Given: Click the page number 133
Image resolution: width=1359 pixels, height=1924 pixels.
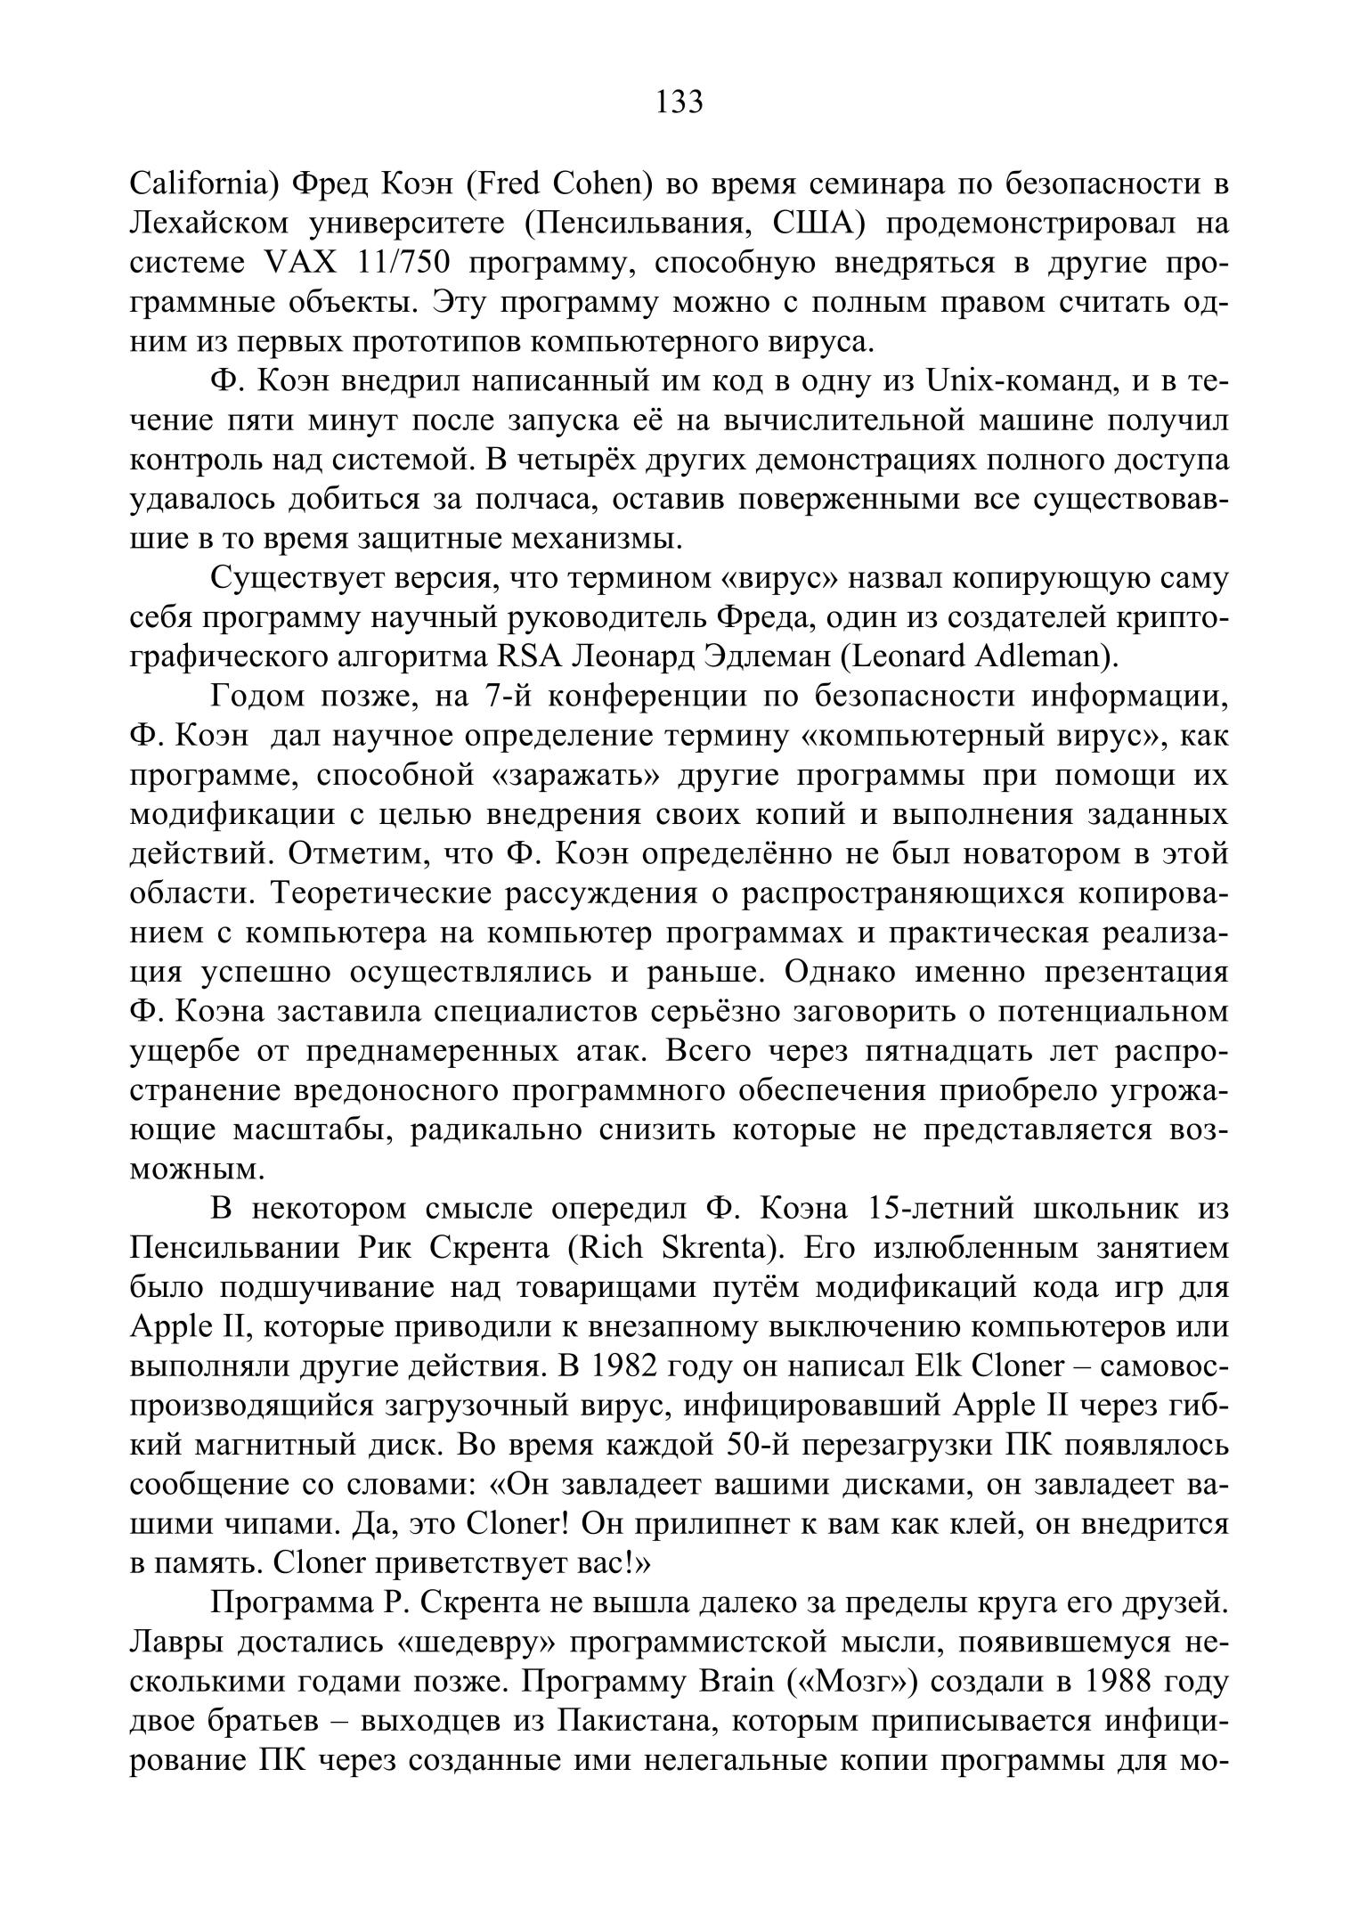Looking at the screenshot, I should point(679,102).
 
